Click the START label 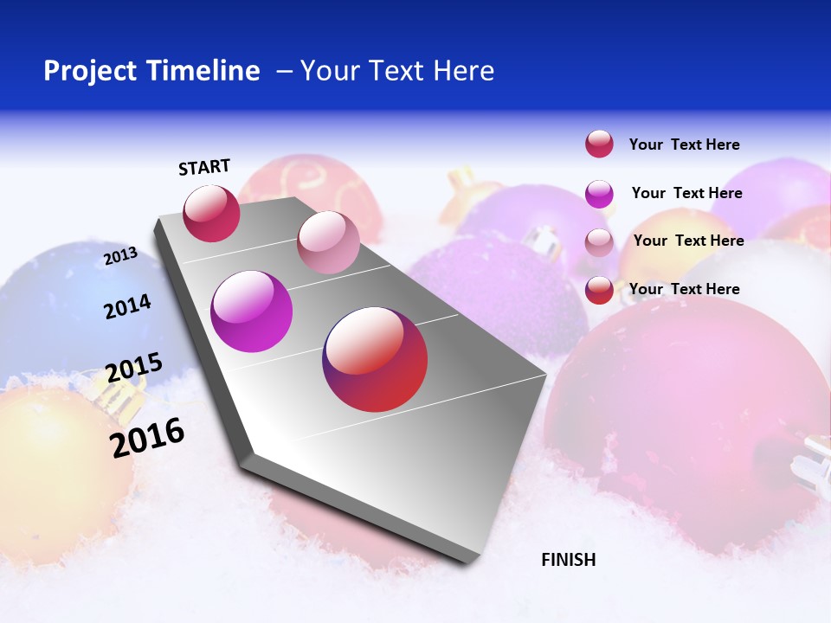pyautogui.click(x=204, y=167)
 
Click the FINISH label pyautogui.click(x=569, y=560)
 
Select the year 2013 pyautogui.click(x=120, y=256)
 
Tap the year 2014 pyautogui.click(x=127, y=307)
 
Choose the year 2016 pyautogui.click(x=147, y=437)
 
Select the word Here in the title pyautogui.click(x=463, y=71)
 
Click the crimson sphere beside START pyautogui.click(x=211, y=214)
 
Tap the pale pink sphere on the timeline pyautogui.click(x=328, y=242)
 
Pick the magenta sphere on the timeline pyautogui.click(x=251, y=311)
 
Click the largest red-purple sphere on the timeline pyautogui.click(x=375, y=359)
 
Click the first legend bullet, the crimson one pyautogui.click(x=599, y=144)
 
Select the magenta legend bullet pyautogui.click(x=599, y=194)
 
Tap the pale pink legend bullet pyautogui.click(x=599, y=242)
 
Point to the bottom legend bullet pyautogui.click(x=599, y=290)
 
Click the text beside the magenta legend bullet pyautogui.click(x=686, y=193)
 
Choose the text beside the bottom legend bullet pyautogui.click(x=684, y=289)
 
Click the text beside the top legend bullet pyautogui.click(x=684, y=145)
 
